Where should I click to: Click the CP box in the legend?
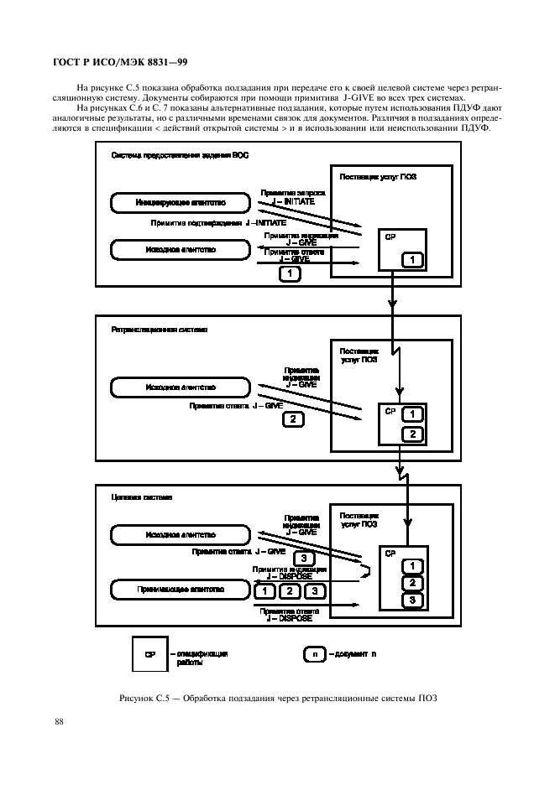pyautogui.click(x=149, y=653)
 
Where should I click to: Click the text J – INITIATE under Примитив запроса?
pyautogui.click(x=287, y=201)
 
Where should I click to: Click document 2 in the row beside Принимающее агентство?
pyautogui.click(x=289, y=591)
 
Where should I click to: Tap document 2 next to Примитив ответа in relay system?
pyautogui.click(x=292, y=418)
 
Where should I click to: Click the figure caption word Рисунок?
pyautogui.click(x=134, y=699)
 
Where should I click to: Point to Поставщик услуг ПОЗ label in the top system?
pyautogui.click(x=378, y=177)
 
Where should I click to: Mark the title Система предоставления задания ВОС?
pyautogui.click(x=180, y=156)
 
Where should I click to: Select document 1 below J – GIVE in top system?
pyautogui.click(x=290, y=273)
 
